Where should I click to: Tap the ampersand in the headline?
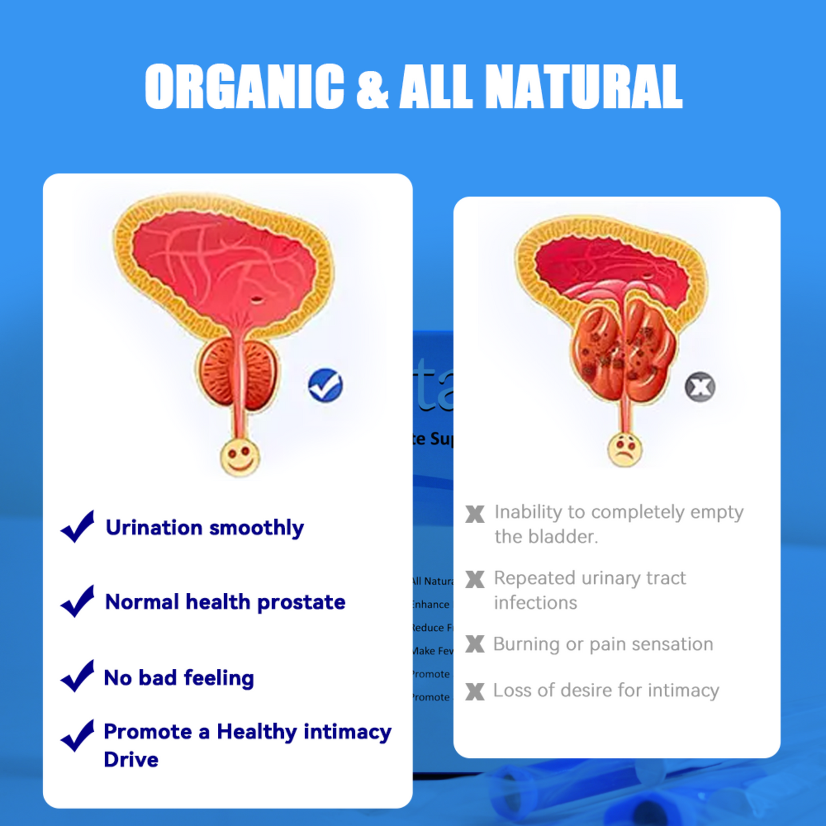372,87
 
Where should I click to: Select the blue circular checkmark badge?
325,385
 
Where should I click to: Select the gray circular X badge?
700,387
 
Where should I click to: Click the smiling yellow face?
240,457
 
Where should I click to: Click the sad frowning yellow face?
625,449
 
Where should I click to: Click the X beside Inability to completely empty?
474,514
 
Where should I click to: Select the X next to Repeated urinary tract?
474,579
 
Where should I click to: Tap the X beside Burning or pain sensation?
474,644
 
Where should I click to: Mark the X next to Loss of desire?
474,691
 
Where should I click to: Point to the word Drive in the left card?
131,760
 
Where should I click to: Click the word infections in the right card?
535,603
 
